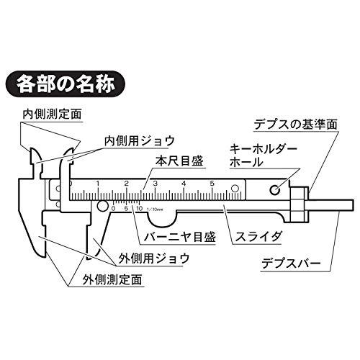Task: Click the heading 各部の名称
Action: click(66, 84)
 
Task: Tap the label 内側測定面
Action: click(52, 114)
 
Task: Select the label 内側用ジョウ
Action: click(139, 141)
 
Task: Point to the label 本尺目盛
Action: click(179, 161)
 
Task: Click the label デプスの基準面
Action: click(296, 124)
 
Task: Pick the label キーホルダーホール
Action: click(264, 156)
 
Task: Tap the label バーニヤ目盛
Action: click(180, 237)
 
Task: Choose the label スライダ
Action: click(258, 237)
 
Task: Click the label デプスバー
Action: click(291, 264)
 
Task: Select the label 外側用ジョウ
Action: click(154, 258)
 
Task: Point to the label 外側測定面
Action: click(112, 279)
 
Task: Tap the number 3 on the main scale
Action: click(156, 184)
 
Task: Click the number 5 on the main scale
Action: click(212, 184)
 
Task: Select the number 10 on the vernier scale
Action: click(139, 208)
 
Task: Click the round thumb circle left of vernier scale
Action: click(102, 207)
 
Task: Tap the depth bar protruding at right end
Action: click(330, 204)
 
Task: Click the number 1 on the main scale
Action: click(98, 184)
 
